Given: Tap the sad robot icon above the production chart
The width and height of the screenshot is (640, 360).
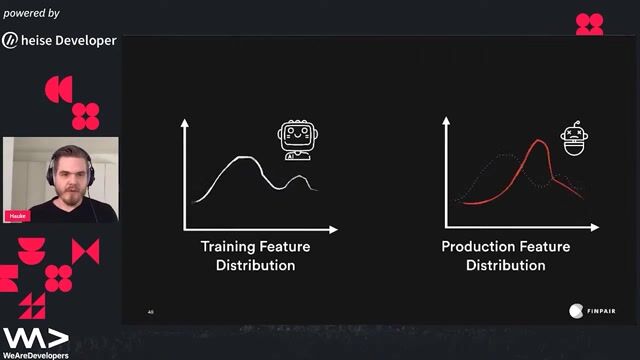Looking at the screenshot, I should [x=572, y=140].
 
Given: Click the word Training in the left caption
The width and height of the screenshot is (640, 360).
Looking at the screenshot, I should [x=228, y=247].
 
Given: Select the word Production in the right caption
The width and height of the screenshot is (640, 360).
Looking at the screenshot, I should [x=476, y=247].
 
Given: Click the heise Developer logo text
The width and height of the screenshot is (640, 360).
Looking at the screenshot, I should [x=70, y=41].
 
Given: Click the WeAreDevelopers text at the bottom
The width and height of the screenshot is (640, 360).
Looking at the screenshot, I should [x=35, y=354].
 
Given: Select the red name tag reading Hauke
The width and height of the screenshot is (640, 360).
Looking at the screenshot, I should [x=17, y=215].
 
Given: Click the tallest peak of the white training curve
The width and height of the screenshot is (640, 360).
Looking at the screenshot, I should [x=242, y=158].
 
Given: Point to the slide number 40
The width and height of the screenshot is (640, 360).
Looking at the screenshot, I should [x=151, y=312].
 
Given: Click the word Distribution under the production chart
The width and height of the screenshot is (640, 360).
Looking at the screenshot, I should [x=505, y=265].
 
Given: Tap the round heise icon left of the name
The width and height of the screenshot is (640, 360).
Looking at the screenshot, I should [x=10, y=41].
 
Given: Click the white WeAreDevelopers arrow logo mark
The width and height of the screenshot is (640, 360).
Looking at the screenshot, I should [x=35, y=337].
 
